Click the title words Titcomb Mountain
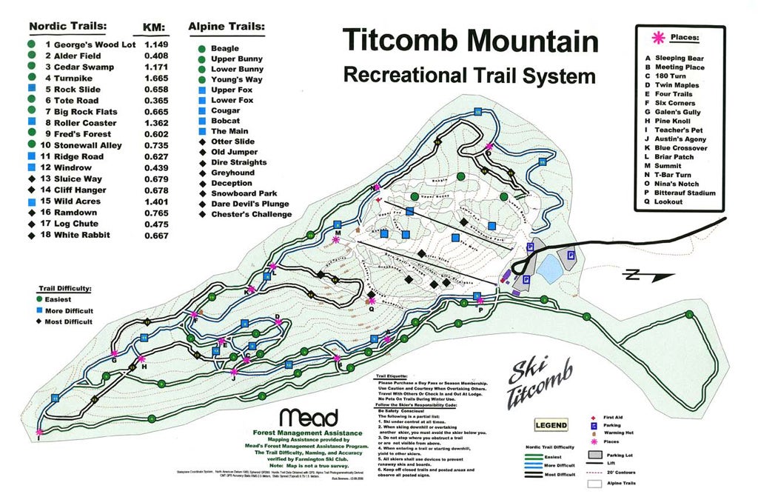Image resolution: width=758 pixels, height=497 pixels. [x=470, y=41]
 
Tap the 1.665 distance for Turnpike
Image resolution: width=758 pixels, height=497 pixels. [x=155, y=78]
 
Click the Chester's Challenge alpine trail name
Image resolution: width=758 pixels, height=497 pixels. [x=251, y=215]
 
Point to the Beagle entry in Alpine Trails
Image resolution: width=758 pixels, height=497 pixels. [x=225, y=48]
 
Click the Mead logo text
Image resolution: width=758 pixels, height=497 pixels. [x=309, y=417]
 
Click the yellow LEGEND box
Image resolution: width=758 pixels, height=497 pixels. [x=551, y=425]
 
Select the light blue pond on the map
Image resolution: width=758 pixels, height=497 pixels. [x=549, y=268]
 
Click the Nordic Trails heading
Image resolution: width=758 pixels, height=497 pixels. [x=67, y=27]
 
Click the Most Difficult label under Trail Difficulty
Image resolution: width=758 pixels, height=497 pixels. [x=69, y=321]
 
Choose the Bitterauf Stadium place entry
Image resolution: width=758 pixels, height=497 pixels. [x=685, y=193]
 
